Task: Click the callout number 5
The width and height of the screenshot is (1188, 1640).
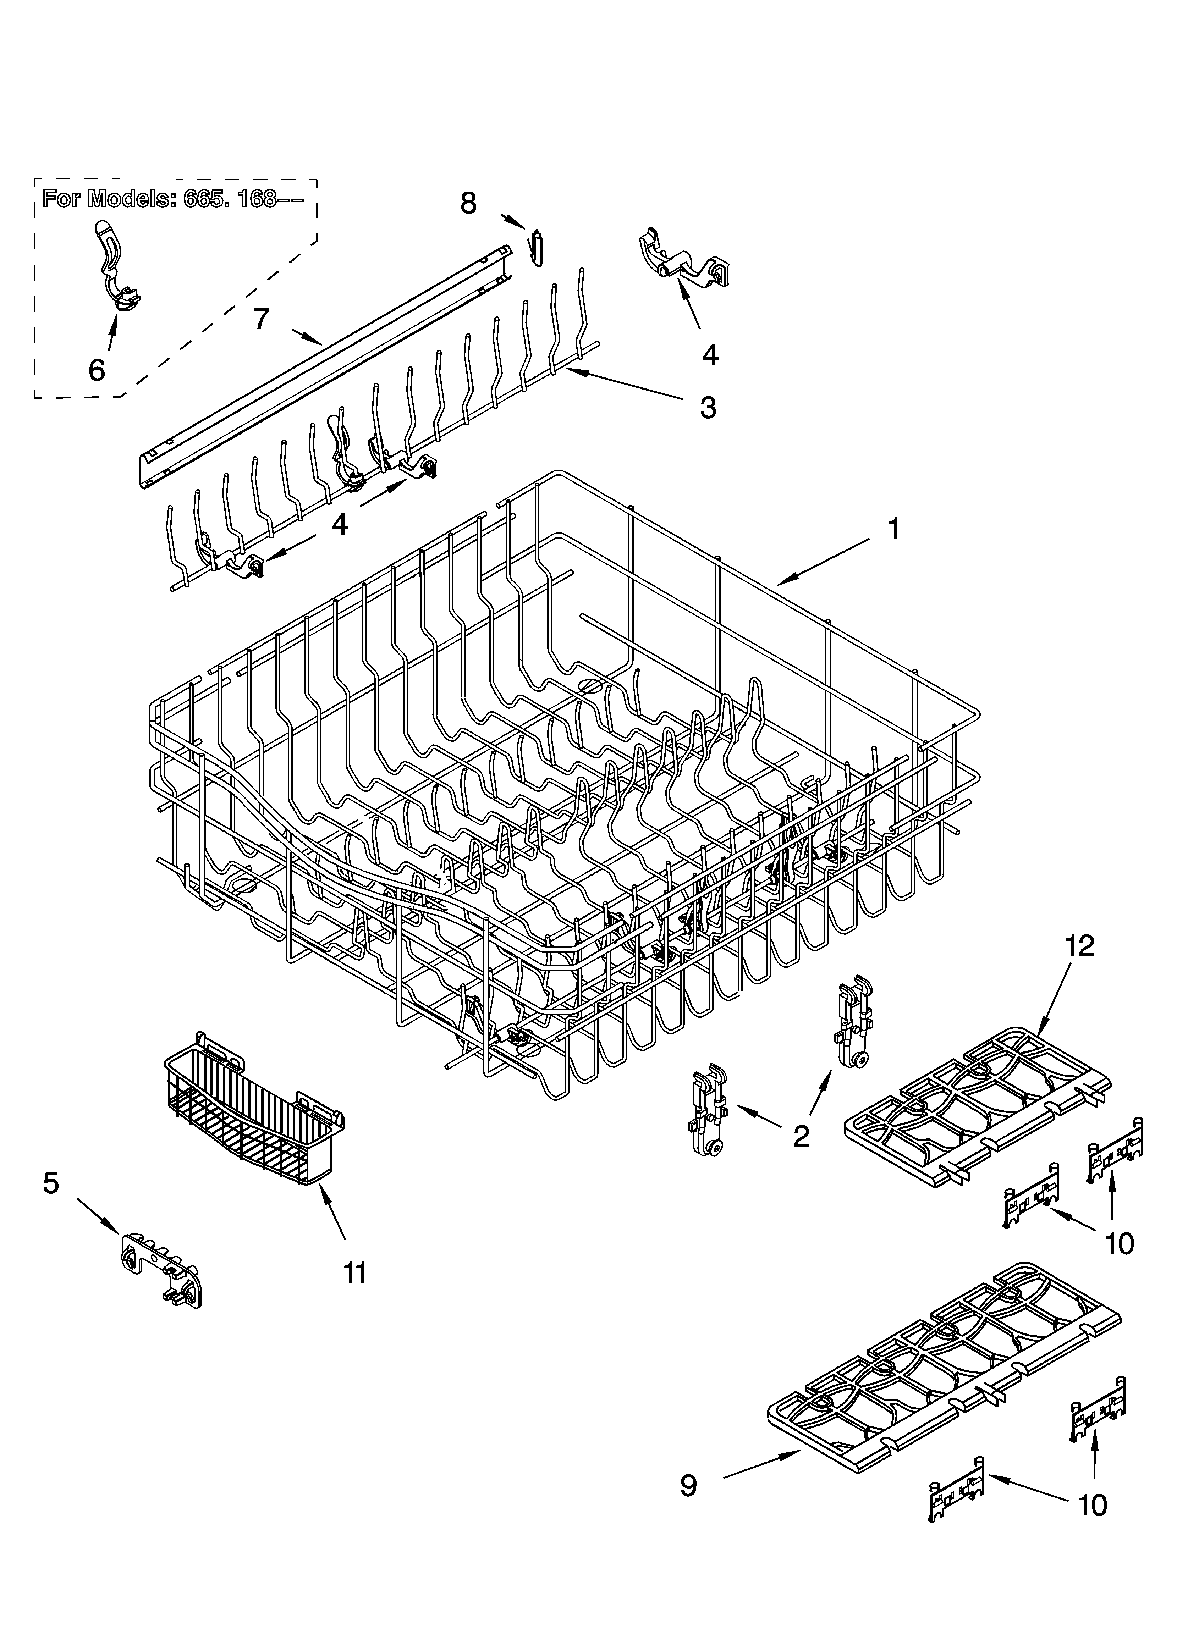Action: tap(51, 1184)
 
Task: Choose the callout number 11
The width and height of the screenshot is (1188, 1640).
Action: tap(354, 1273)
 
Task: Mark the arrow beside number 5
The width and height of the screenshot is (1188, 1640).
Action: tap(98, 1215)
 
